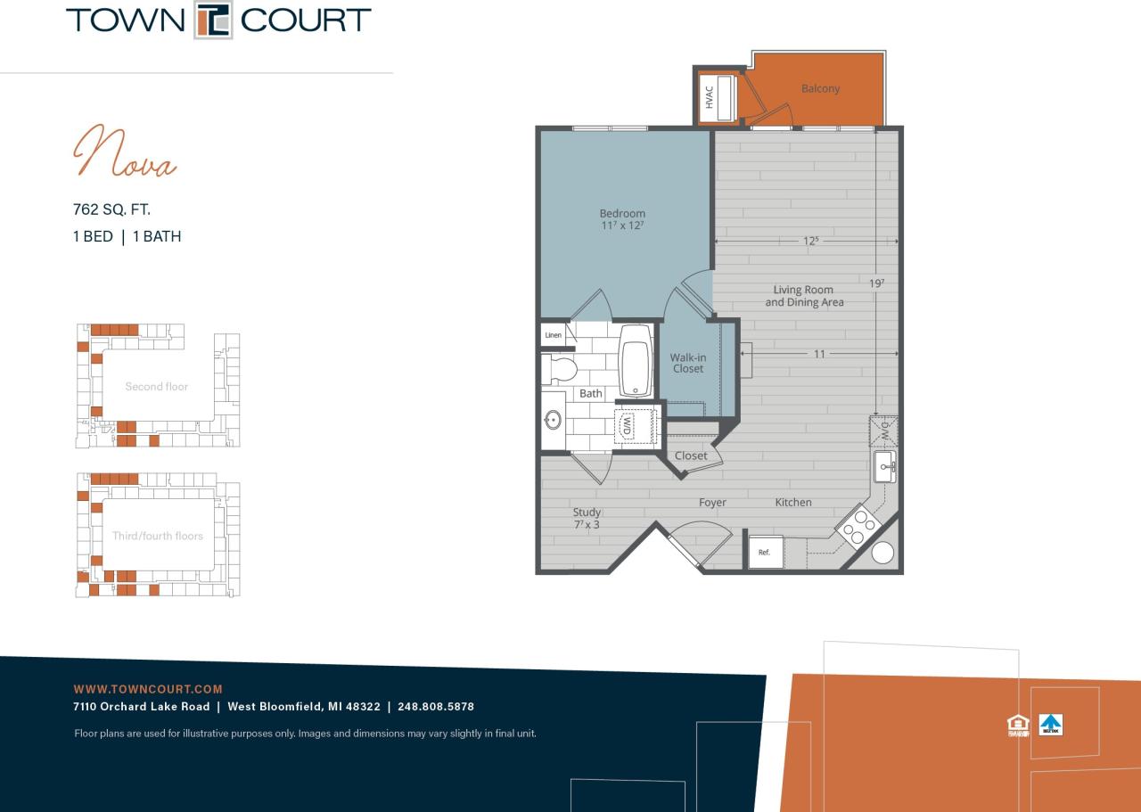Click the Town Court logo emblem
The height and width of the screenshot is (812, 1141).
tap(213, 21)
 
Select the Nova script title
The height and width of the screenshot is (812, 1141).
tap(124, 152)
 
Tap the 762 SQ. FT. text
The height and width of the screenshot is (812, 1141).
tap(111, 209)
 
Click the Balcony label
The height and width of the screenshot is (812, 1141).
tap(820, 88)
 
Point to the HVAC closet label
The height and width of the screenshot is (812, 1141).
tap(710, 97)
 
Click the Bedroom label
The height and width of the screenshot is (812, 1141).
tap(622, 213)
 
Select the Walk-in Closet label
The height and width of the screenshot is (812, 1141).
tap(687, 363)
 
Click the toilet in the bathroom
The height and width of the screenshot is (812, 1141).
tap(560, 368)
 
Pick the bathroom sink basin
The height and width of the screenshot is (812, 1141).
tap(553, 419)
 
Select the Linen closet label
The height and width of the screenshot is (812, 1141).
tap(554, 335)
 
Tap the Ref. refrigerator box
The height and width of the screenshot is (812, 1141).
tap(765, 552)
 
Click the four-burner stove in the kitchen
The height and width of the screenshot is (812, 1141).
tap(858, 525)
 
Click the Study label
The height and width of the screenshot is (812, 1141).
tap(587, 512)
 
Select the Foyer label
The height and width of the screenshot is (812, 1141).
tap(712, 503)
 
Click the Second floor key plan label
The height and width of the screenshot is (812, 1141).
tap(156, 387)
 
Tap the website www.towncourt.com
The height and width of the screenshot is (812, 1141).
tap(148, 689)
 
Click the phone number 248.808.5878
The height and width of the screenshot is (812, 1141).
tap(436, 707)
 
